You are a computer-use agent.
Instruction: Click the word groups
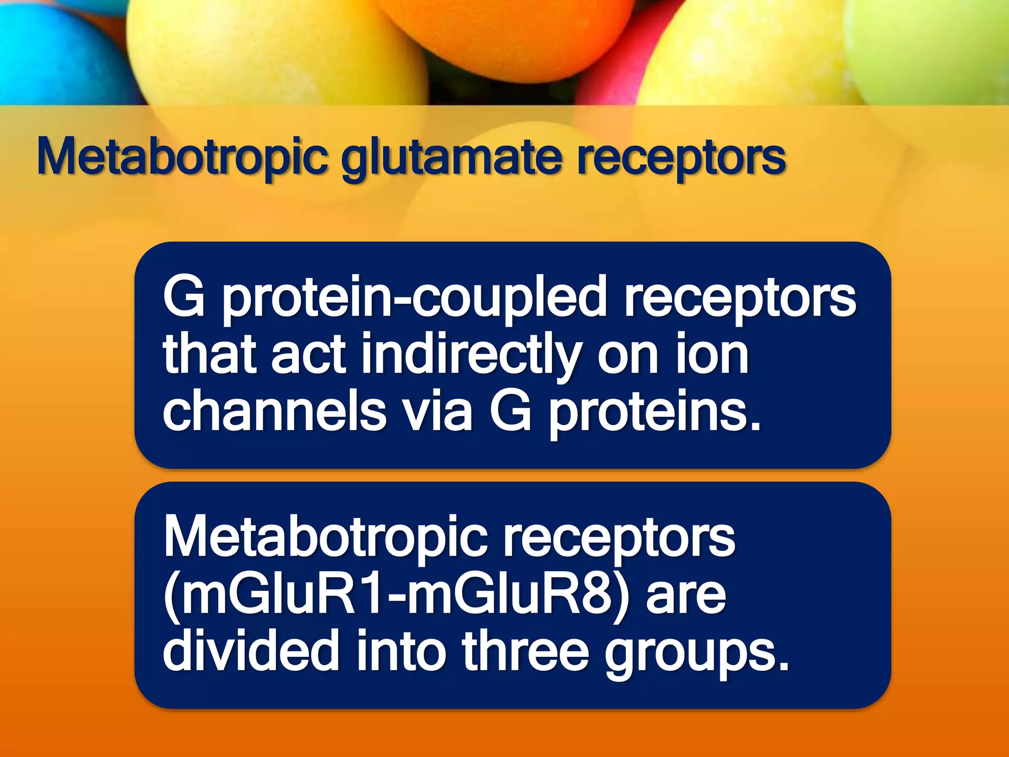pyautogui.click(x=697, y=654)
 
